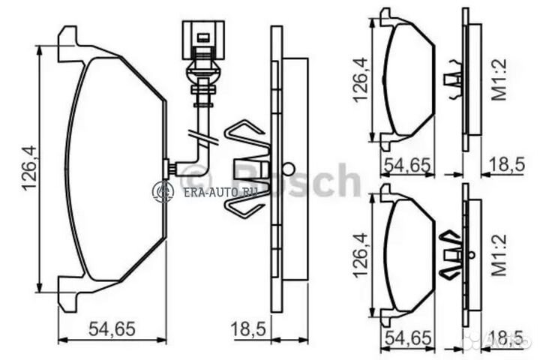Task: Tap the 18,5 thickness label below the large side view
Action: click(248, 328)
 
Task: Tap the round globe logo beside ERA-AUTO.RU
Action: click(163, 192)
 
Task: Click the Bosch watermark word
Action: click(300, 180)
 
